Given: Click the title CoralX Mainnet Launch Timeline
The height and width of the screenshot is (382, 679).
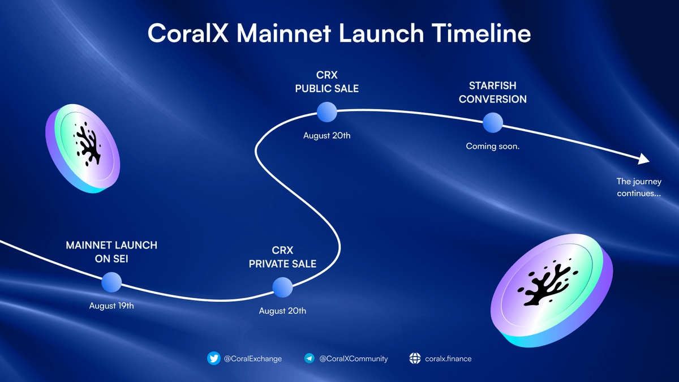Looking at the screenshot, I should point(339,34).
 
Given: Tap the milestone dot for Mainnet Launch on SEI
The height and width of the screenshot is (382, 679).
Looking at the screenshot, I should point(111,282).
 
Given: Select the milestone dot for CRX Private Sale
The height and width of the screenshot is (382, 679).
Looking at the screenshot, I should point(282,287).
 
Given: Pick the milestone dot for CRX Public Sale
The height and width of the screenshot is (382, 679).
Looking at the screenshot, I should point(326,112).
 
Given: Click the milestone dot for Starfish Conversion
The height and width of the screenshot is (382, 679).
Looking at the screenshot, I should point(492,122).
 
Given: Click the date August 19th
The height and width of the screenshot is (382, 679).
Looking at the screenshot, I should point(111,306).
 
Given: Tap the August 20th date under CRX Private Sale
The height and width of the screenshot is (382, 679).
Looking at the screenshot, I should point(282,311).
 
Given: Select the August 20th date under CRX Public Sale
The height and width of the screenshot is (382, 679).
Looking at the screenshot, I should point(326,136).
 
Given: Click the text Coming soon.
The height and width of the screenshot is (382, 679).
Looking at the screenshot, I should point(492,146).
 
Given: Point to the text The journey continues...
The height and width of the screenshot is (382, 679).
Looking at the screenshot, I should point(639,187).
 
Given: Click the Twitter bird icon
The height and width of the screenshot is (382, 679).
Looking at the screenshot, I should point(213,358).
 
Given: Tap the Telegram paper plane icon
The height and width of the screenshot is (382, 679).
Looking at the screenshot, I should point(309,358).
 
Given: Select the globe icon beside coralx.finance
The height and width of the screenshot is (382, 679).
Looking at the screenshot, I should point(415,358).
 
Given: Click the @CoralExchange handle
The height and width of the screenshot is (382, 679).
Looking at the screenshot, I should point(252,358).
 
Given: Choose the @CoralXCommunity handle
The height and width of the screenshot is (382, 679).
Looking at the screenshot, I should point(353,358).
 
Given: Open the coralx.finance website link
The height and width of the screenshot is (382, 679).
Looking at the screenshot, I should point(448,358).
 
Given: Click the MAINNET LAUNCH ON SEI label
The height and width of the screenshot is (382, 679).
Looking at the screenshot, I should point(111,251).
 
